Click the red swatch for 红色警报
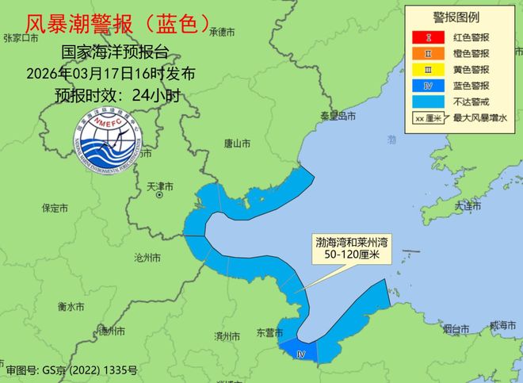click(x=427, y=36)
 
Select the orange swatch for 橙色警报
click(x=427, y=52)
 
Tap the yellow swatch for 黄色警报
click(x=427, y=69)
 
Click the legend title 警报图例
click(x=461, y=17)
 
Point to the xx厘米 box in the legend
click(x=427, y=118)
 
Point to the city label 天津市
click(x=160, y=187)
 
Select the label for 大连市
click(x=468, y=205)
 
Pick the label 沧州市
click(x=147, y=259)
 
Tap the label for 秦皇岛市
click(x=337, y=117)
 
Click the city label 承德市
click(x=223, y=33)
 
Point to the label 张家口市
click(x=21, y=37)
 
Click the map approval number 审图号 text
click(x=71, y=370)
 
